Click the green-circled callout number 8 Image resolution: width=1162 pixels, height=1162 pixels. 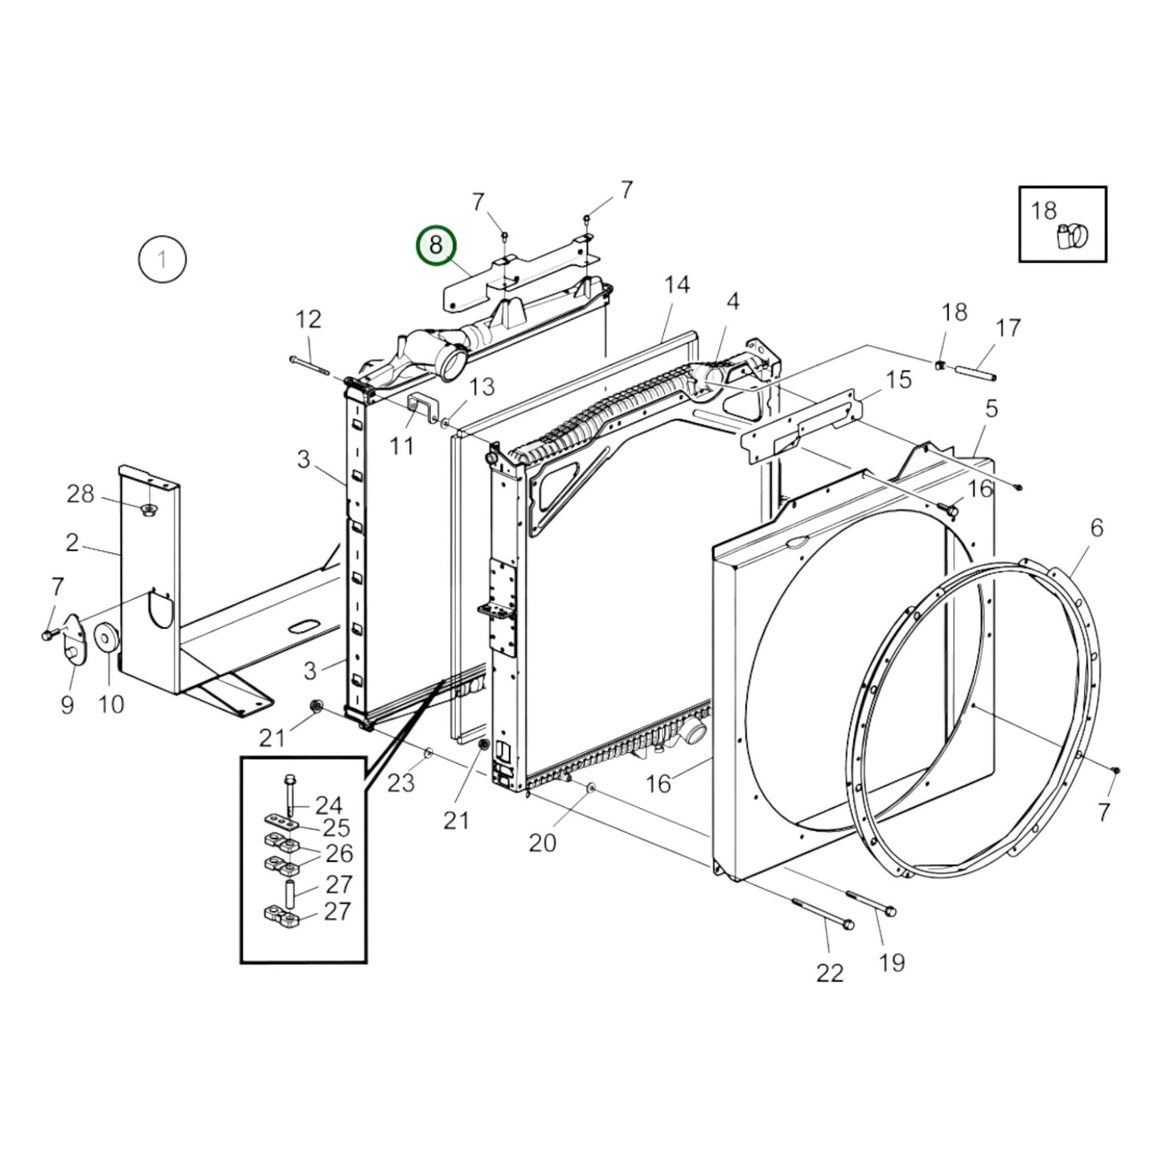(x=435, y=245)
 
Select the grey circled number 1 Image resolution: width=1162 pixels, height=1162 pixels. (x=162, y=260)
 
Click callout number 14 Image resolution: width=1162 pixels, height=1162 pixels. (x=677, y=285)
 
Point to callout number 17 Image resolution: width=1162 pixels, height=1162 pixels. (x=1008, y=328)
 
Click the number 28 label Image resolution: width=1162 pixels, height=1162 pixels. (x=80, y=494)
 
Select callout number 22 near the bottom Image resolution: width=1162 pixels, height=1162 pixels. (x=830, y=973)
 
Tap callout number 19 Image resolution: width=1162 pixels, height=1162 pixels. (x=892, y=962)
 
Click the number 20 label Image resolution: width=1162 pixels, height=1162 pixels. (x=542, y=843)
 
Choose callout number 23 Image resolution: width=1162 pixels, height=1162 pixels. (x=401, y=782)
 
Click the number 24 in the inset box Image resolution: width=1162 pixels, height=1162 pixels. (x=328, y=805)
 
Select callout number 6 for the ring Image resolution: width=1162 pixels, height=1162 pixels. (x=1097, y=528)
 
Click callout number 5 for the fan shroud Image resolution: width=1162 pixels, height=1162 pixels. (x=992, y=409)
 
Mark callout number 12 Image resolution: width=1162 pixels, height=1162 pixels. (x=308, y=319)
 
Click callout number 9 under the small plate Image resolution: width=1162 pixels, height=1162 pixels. (x=68, y=704)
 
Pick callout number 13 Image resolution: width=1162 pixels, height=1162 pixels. (x=482, y=387)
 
